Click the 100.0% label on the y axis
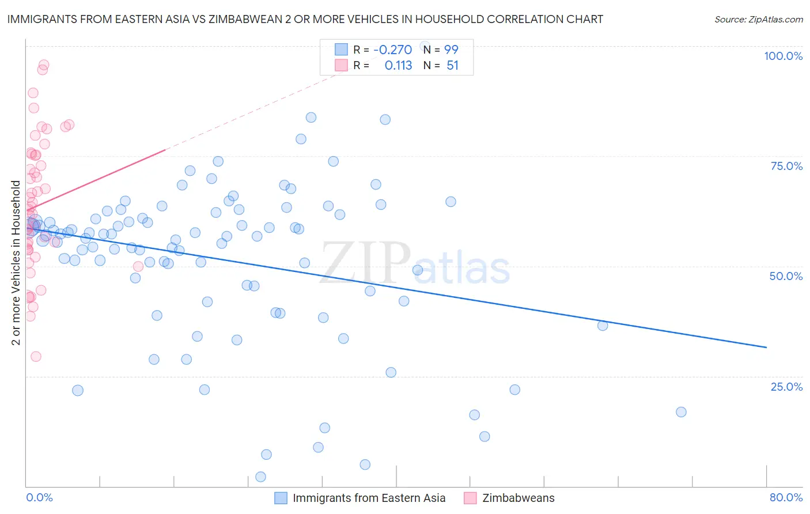(783, 56)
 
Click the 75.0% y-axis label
(786, 166)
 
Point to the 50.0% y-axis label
(786, 276)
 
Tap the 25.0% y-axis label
(786, 387)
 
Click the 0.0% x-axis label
(39, 497)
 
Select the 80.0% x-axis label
(786, 497)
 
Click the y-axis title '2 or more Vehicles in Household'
(16, 263)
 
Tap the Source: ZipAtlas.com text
(758, 19)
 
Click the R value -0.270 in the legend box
(392, 50)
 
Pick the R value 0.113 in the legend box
(398, 66)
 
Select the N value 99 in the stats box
(451, 50)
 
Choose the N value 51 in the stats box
(452, 66)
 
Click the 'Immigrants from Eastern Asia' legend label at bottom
(369, 498)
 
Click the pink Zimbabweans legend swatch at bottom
(470, 498)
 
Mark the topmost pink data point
(44, 65)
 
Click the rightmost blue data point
(681, 412)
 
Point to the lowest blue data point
(260, 477)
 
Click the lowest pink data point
(36, 357)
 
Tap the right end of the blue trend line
(766, 347)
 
